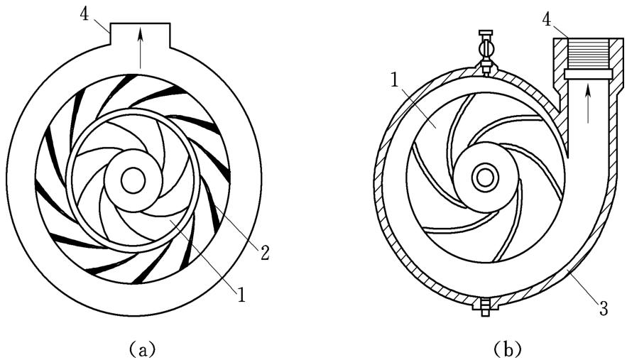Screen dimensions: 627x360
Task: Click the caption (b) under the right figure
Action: (506, 349)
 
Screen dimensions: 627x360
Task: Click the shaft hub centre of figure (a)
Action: (132, 180)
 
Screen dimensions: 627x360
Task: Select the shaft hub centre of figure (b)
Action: (484, 176)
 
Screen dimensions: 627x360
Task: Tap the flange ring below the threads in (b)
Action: (588, 74)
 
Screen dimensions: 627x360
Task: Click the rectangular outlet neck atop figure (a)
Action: (141, 32)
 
